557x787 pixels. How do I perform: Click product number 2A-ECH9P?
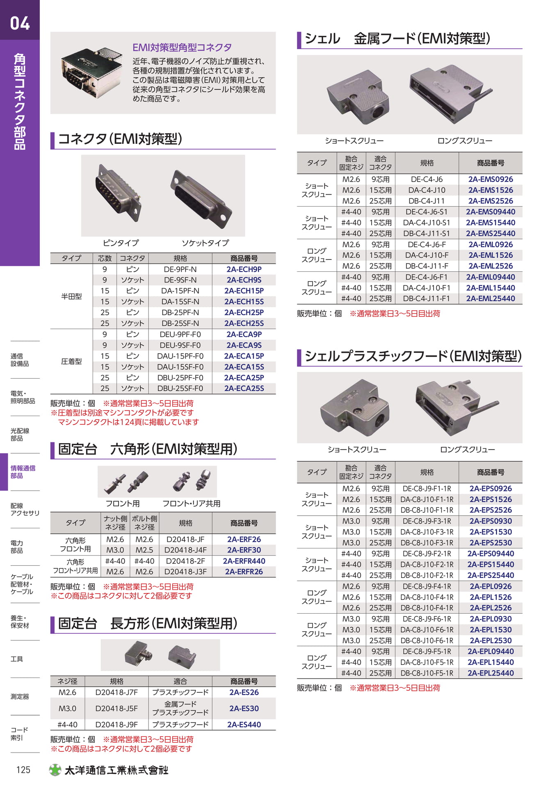point(244,269)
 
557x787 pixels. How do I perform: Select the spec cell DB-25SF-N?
point(180,323)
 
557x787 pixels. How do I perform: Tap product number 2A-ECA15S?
point(244,367)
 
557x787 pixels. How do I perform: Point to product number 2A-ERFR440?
point(244,561)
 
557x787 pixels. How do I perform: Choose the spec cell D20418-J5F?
point(116,708)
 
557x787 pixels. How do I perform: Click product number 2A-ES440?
point(244,725)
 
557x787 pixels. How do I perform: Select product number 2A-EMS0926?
point(491,179)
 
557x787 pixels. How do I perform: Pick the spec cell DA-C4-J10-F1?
point(427,288)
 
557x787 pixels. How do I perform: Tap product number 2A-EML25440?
point(491,299)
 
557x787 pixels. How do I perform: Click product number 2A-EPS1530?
point(491,532)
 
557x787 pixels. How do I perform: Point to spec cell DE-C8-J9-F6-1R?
point(427,619)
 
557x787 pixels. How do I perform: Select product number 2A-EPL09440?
point(491,651)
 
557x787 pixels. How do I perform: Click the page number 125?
point(23,770)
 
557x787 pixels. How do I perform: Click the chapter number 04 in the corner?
point(20,23)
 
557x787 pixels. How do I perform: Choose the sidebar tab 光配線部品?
point(20,434)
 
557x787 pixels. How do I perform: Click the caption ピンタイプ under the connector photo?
point(121,243)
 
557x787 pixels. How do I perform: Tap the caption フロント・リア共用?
point(191,503)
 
